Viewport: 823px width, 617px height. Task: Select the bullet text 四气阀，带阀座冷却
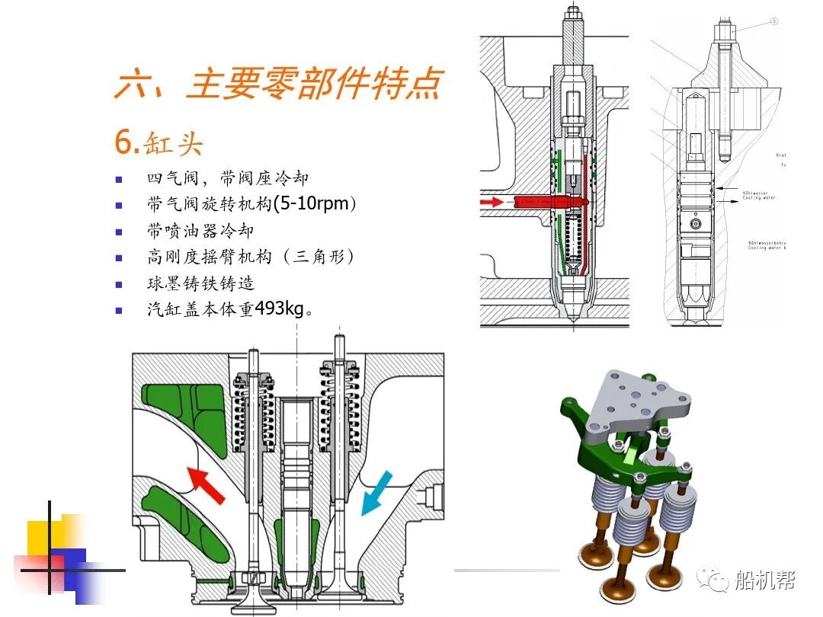click(x=227, y=179)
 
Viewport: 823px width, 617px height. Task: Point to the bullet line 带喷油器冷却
click(x=200, y=231)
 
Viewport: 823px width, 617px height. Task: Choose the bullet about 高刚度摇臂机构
click(x=251, y=257)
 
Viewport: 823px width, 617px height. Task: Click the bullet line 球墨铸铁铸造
click(x=200, y=283)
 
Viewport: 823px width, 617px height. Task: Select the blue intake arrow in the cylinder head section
click(x=377, y=491)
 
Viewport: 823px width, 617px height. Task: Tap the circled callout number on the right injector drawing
click(x=774, y=22)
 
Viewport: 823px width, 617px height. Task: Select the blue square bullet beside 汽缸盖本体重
click(x=118, y=310)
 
